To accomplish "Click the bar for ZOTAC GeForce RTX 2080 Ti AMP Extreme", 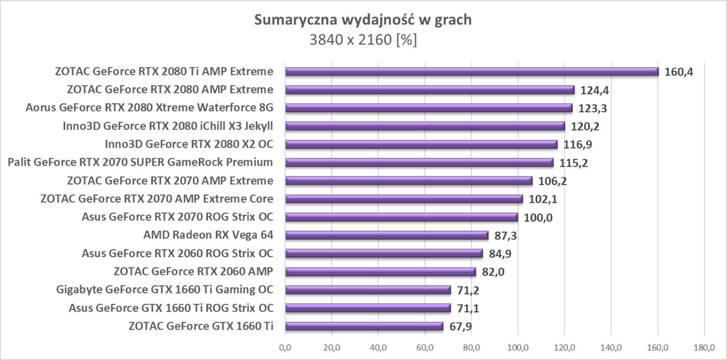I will tap(472, 72).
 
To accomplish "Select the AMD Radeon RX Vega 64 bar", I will tap(386, 235).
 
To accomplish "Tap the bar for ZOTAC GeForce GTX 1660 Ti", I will tap(364, 326).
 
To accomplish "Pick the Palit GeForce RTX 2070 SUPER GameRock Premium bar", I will tap(419, 163).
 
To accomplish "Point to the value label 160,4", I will tap(679, 72).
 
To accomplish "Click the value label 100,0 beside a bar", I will tap(538, 217).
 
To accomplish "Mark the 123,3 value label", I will tap(593, 108).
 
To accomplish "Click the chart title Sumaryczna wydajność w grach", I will tap(363, 20).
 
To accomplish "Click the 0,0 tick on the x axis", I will tap(285, 346).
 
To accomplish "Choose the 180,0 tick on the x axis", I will tap(704, 346).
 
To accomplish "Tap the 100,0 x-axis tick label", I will tap(518, 346).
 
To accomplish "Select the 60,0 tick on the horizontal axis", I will tap(425, 346).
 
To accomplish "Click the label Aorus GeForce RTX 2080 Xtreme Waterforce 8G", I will tap(149, 108).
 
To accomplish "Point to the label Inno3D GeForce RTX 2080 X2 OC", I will tap(189, 144).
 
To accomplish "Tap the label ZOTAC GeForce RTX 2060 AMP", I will tap(193, 272).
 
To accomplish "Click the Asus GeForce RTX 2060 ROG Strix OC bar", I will tap(384, 254).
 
